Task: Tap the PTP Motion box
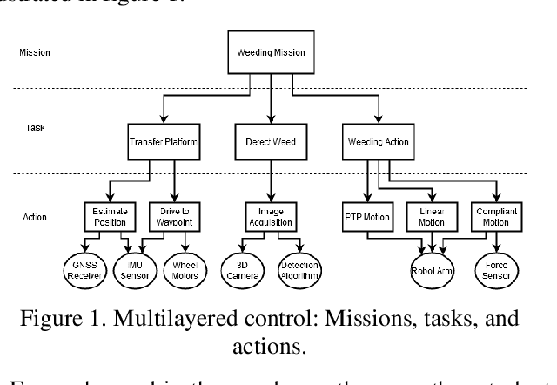pos(358,216)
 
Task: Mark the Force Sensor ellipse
pos(496,270)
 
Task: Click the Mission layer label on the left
pos(34,52)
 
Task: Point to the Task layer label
pos(34,127)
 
